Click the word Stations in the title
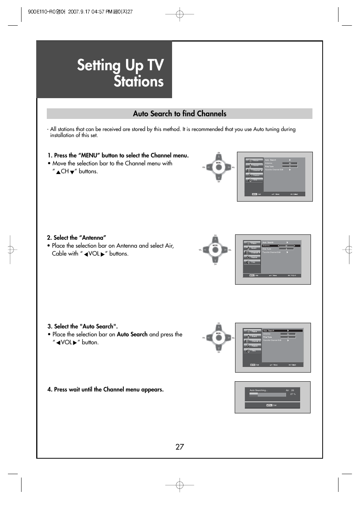coord(138,82)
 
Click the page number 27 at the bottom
coord(180,447)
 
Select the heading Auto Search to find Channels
coord(180,114)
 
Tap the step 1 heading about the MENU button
coord(118,155)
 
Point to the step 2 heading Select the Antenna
coord(76,237)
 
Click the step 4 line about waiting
coord(105,389)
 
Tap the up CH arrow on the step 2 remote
coord(215,240)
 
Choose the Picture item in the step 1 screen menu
coord(254,160)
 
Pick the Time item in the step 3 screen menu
coord(253,351)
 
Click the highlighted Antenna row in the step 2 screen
coord(281,246)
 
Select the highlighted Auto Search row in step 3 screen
coord(283,331)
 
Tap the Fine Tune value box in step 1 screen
coord(290,166)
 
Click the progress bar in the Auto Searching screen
coord(268,395)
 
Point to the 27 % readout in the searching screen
coord(292,394)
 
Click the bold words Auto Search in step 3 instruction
coord(132,334)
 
